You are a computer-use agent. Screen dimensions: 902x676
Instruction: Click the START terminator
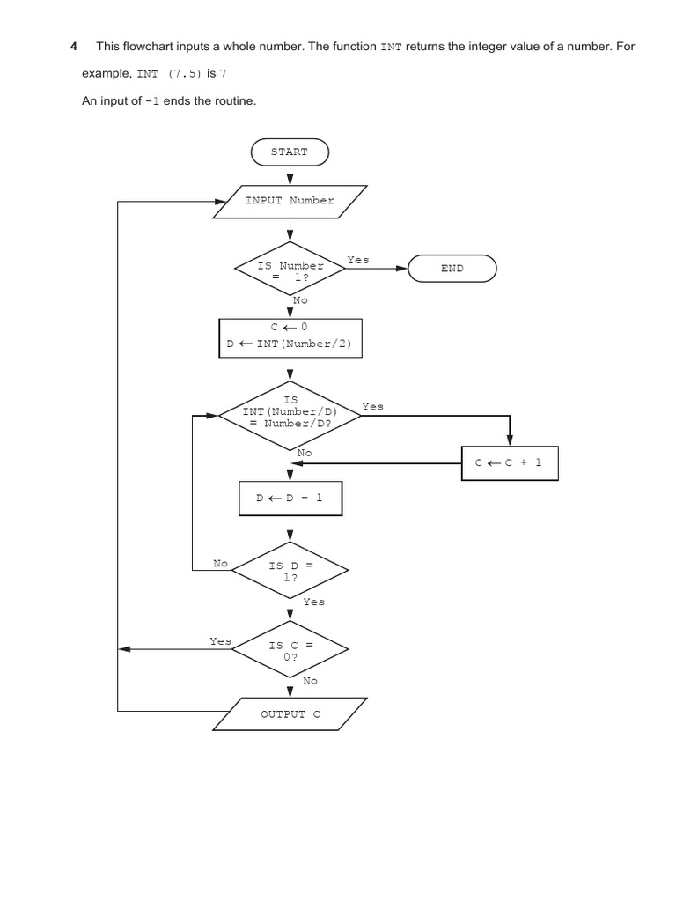[x=290, y=152]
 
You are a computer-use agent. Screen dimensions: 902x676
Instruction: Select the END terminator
[x=452, y=269]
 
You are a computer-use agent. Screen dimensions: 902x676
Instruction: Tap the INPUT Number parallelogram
[x=290, y=201]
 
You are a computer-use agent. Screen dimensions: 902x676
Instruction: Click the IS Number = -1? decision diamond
[x=290, y=270]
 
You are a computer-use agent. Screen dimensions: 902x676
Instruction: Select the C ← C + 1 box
[x=510, y=462]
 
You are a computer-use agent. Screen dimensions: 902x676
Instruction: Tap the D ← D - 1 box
[x=290, y=498]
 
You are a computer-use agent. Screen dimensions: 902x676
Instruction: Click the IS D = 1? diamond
[x=290, y=571]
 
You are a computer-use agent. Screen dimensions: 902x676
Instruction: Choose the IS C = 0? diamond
[x=290, y=650]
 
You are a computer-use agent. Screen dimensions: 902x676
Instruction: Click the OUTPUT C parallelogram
[x=290, y=713]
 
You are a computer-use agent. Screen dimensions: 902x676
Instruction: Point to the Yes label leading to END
[x=358, y=261]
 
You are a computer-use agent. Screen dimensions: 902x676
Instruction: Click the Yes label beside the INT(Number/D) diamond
[x=372, y=407]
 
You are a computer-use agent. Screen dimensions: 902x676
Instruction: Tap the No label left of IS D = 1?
[x=221, y=562]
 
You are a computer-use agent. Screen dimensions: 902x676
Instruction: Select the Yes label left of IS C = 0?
[x=220, y=641]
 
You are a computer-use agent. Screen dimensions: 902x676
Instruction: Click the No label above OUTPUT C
[x=311, y=681]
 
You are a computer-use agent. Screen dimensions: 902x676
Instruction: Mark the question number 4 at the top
[x=74, y=46]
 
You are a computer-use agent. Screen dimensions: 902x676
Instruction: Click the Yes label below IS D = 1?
[x=313, y=602]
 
